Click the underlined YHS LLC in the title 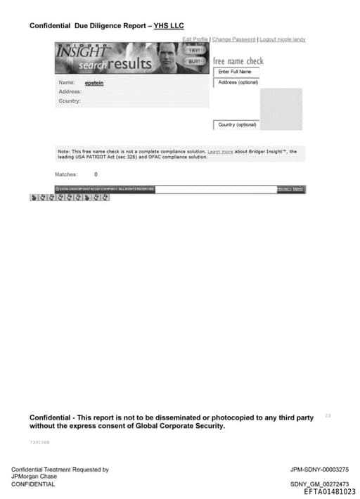[169, 26]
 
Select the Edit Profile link [195, 39]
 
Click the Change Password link [234, 39]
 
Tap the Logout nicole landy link [283, 39]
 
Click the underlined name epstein [94, 83]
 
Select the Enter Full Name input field [236, 72]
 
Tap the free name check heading [238, 61]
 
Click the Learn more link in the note [220, 151]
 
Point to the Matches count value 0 [96, 174]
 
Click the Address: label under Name [70, 92]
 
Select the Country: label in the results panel [70, 101]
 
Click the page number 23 [328, 416]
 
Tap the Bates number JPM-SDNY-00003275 [319, 469]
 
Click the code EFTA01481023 [329, 492]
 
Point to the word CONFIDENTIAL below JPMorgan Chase [33, 484]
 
